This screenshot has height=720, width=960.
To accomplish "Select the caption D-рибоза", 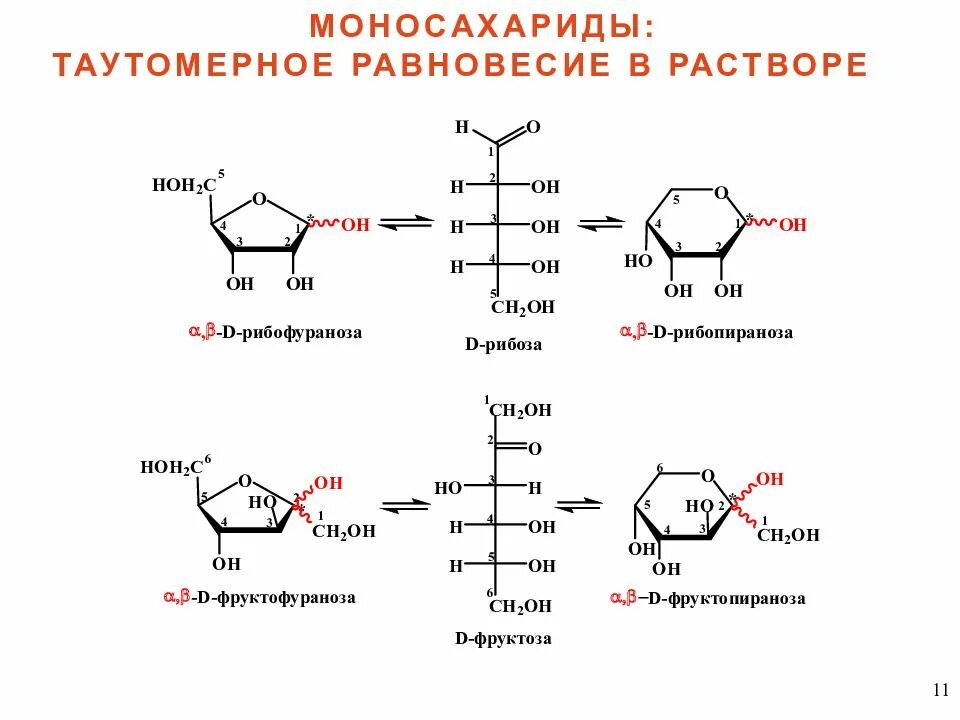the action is pos(503,344).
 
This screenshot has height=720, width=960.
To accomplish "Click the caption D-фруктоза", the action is pos(503,638).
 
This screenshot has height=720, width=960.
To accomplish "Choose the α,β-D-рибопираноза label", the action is pos(706,332).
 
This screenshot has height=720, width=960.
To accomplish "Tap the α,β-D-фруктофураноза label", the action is pos(259,598).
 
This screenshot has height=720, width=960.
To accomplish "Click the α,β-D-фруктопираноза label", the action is pos(708,598).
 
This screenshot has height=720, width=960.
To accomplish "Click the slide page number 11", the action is pos(940,690).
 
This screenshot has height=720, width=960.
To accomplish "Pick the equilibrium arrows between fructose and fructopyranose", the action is pos(579,504).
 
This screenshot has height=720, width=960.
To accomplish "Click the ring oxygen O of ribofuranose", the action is pos(259,199).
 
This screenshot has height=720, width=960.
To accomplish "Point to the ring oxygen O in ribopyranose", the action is pos(722,193).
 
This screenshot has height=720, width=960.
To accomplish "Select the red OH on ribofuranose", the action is pos(355,226).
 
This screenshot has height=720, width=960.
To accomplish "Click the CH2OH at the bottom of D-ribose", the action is pos(522,307).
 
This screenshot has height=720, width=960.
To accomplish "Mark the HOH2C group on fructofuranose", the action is pos(171,467).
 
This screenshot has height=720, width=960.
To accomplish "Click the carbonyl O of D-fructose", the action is pos(534,449).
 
